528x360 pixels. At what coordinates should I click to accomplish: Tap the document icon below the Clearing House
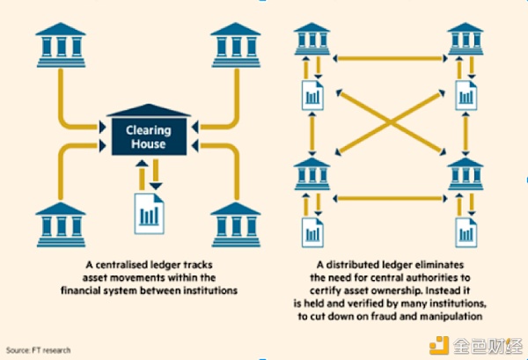(150, 214)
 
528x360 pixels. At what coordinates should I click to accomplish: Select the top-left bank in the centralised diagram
(61, 45)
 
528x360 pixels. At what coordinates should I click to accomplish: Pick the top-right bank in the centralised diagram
(236, 45)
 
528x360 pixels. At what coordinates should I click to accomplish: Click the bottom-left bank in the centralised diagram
(61, 224)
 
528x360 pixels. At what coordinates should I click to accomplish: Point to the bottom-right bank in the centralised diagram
(236, 224)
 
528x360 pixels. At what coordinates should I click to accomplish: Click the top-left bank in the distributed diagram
(312, 39)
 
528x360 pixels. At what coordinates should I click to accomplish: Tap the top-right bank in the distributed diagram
(466, 39)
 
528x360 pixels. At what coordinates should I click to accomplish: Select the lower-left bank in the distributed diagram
(312, 173)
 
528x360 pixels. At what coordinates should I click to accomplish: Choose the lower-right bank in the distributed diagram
(466, 173)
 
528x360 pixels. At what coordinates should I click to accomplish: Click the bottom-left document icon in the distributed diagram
(312, 232)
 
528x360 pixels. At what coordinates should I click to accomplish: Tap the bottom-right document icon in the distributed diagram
(466, 232)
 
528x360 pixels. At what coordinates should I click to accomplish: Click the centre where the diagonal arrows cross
(391, 122)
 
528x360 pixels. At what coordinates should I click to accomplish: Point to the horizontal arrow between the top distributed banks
(390, 59)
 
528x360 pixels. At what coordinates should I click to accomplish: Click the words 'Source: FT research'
(39, 350)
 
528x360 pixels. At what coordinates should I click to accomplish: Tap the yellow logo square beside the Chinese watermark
(439, 345)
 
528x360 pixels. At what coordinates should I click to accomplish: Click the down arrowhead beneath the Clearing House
(156, 187)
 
